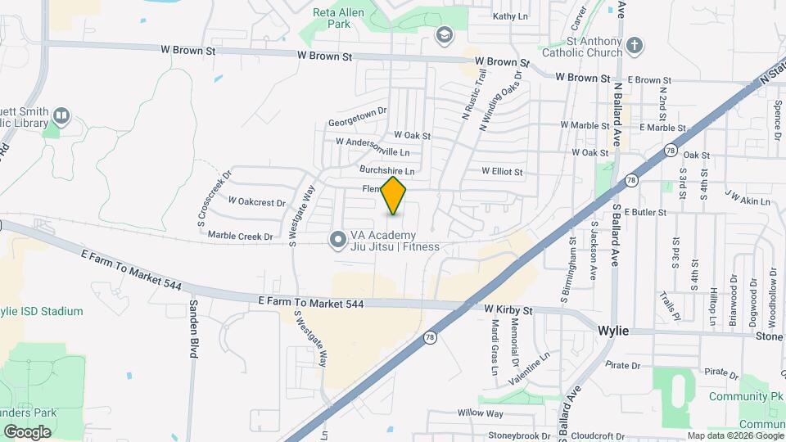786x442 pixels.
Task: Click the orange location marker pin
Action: point(394,196)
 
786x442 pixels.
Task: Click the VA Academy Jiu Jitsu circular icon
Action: point(337,240)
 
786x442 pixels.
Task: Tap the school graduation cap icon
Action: point(444,35)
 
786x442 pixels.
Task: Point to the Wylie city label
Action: point(612,331)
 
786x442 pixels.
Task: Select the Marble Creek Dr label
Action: point(240,237)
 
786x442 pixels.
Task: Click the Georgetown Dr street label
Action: point(356,117)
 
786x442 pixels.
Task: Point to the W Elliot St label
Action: point(502,172)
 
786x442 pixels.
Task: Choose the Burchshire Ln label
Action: point(387,171)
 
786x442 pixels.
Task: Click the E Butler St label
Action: point(646,211)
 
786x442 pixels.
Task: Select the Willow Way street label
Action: point(479,413)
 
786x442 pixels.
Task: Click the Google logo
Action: point(27,431)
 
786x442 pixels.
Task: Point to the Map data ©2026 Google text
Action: point(735,435)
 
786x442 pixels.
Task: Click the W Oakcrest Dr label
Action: point(256,201)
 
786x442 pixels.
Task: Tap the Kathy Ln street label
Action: point(510,16)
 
